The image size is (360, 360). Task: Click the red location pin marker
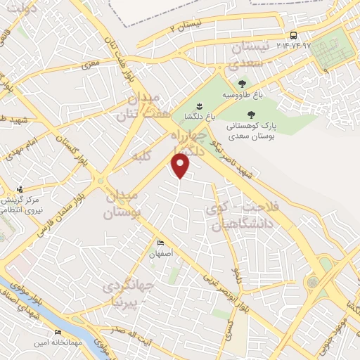point(181,165)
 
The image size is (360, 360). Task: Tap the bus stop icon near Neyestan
point(293,34)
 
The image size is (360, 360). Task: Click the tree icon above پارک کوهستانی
point(252,115)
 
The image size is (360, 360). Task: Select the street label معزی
point(90,65)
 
